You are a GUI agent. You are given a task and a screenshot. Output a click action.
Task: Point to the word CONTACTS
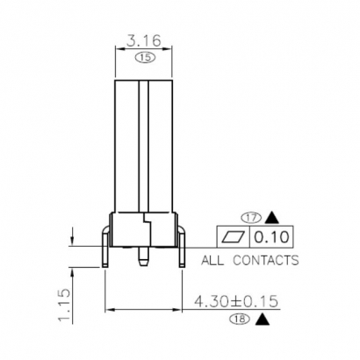click(x=266, y=260)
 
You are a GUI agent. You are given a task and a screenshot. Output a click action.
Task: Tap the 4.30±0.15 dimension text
click(x=236, y=300)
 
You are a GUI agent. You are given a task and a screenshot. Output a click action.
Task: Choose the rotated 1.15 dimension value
click(x=62, y=306)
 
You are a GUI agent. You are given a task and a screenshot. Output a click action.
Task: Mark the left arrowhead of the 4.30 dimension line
click(x=109, y=310)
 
